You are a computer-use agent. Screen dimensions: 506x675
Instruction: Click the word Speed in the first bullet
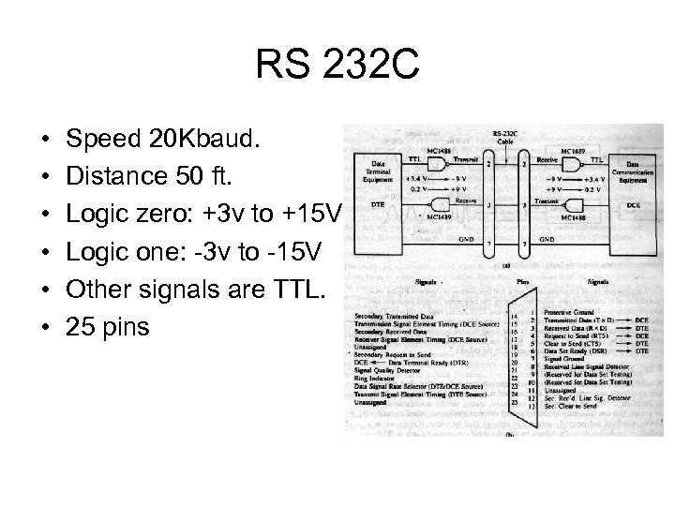(103, 140)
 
